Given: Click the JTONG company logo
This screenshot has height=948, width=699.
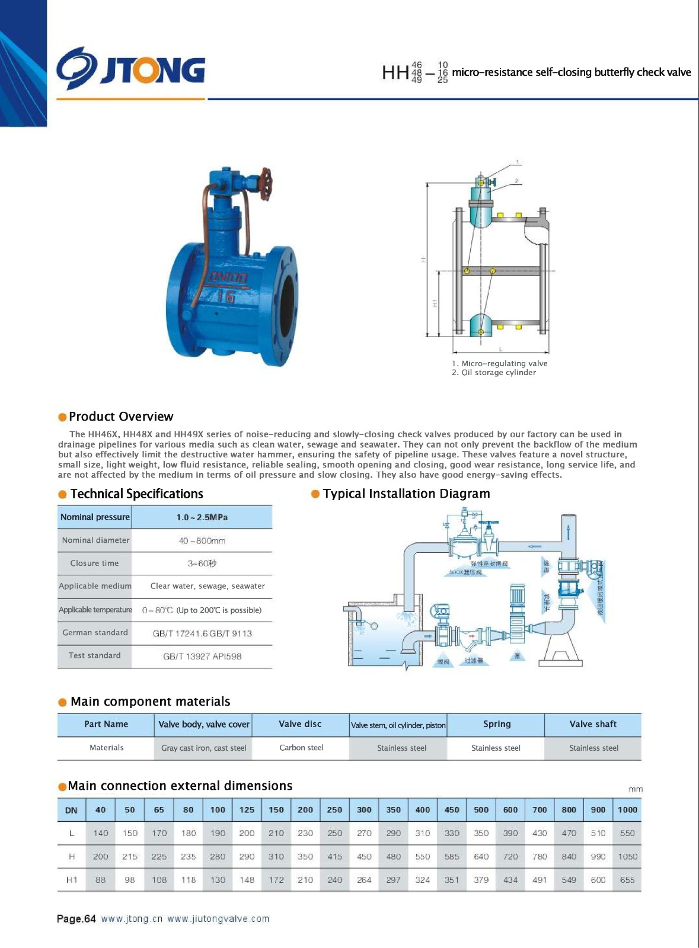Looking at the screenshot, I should coord(130,69).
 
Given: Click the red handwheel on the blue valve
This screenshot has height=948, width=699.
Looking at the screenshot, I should coord(265,177).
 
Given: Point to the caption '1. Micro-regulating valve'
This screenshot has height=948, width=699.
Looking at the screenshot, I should coord(499,363).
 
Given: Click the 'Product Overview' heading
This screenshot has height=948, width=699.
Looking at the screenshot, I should coord(121,417).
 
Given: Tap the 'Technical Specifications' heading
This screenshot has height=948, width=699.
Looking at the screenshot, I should coord(136,494).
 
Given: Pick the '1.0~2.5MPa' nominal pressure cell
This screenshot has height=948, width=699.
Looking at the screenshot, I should coord(202,517).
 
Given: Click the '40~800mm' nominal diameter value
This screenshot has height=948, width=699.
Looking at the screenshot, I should coord(202,540).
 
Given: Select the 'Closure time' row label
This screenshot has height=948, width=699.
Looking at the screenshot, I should coord(94,563).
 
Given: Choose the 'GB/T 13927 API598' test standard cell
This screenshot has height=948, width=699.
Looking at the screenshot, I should coord(202,656).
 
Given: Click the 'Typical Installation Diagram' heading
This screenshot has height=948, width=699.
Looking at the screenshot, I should coord(406,494).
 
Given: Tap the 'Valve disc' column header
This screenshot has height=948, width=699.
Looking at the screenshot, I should coord(300,724).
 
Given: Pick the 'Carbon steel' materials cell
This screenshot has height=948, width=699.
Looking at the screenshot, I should coord(301,748).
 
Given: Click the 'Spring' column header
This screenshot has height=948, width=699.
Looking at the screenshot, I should coord(496,724).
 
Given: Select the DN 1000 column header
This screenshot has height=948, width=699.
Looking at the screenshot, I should coord(627,810).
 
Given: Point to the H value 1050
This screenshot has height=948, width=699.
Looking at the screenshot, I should coord(627,857).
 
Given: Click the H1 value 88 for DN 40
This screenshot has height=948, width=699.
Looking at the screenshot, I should coord(101,880).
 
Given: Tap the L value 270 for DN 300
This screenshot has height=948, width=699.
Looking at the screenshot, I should coord(364,833).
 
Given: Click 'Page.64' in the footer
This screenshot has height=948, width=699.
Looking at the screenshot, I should coord(76,919).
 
